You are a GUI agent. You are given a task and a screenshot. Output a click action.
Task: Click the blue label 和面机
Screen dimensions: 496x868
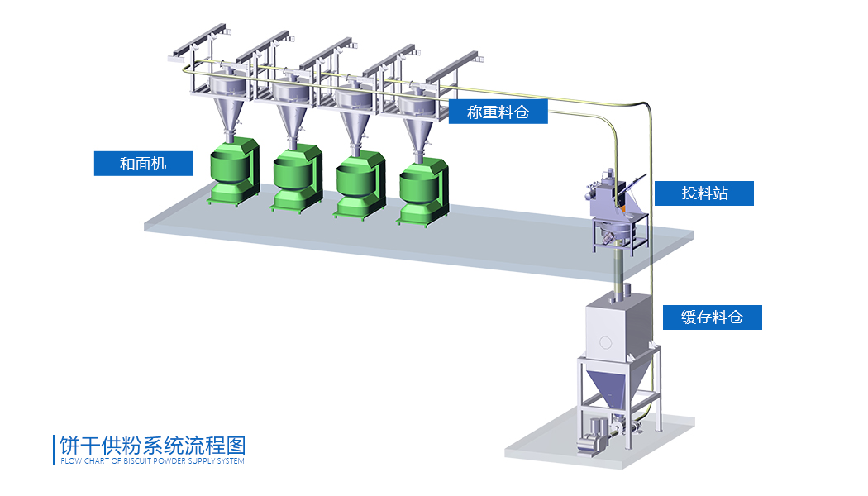click(143, 164)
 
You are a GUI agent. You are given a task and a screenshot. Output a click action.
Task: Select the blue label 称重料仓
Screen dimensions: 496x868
click(498, 112)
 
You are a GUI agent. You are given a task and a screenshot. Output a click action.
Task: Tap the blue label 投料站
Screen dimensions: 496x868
click(703, 193)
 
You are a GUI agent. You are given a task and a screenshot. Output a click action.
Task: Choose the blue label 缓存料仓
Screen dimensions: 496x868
click(711, 317)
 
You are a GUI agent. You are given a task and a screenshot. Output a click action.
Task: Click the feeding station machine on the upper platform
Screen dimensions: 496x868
click(615, 207)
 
